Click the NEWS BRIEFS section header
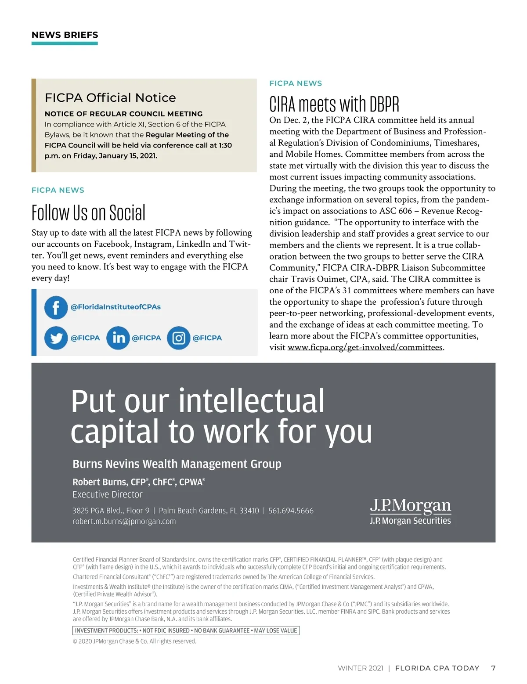pyautogui.click(x=65, y=35)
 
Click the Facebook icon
pyautogui.click(x=56, y=307)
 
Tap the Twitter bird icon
pyautogui.click(x=56, y=338)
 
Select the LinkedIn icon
pyautogui.click(x=118, y=338)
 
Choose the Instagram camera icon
pyautogui.click(x=178, y=338)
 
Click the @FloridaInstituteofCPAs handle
pyautogui.click(x=116, y=307)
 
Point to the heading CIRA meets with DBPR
pyautogui.click(x=334, y=104)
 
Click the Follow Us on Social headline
pyautogui.click(x=88, y=213)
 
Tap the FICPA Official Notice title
pyautogui.click(x=110, y=97)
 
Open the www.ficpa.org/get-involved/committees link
pyautogui.click(x=365, y=347)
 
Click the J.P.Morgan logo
pyautogui.click(x=410, y=506)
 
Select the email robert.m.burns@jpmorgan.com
pyautogui.click(x=124, y=522)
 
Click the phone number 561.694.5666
pyautogui.click(x=291, y=511)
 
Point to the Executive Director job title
pyautogui.click(x=108, y=494)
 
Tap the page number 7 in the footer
pyautogui.click(x=493, y=668)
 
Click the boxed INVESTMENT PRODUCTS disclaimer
pyautogui.click(x=186, y=630)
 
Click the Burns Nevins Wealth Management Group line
pyautogui.click(x=177, y=464)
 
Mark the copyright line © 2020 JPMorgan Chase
pyautogui.click(x=134, y=641)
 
